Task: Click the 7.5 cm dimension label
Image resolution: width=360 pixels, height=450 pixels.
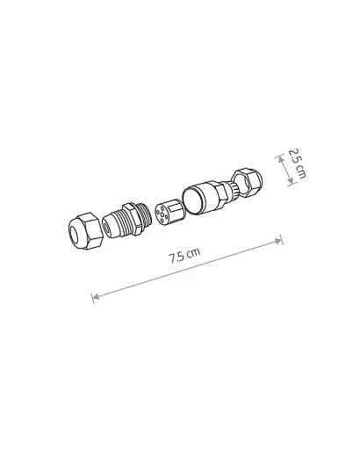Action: click(184, 257)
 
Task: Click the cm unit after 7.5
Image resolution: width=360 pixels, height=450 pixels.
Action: click(194, 253)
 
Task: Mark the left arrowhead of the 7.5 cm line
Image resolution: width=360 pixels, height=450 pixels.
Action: click(94, 297)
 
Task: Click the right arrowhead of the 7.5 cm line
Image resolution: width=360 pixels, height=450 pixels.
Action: click(279, 238)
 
